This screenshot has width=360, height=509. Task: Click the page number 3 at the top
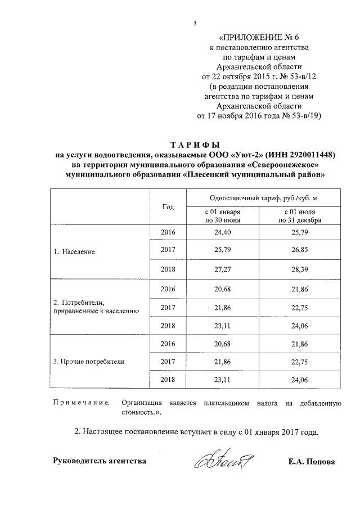tap(194, 23)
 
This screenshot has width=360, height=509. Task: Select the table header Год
tap(168, 206)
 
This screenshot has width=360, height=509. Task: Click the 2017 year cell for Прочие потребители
tap(168, 362)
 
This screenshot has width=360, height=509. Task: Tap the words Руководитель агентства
tap(100, 462)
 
